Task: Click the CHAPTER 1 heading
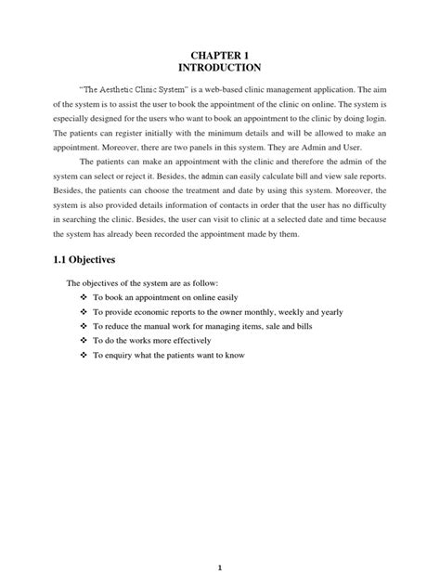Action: coord(220,53)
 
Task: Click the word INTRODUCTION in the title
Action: coord(220,67)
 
